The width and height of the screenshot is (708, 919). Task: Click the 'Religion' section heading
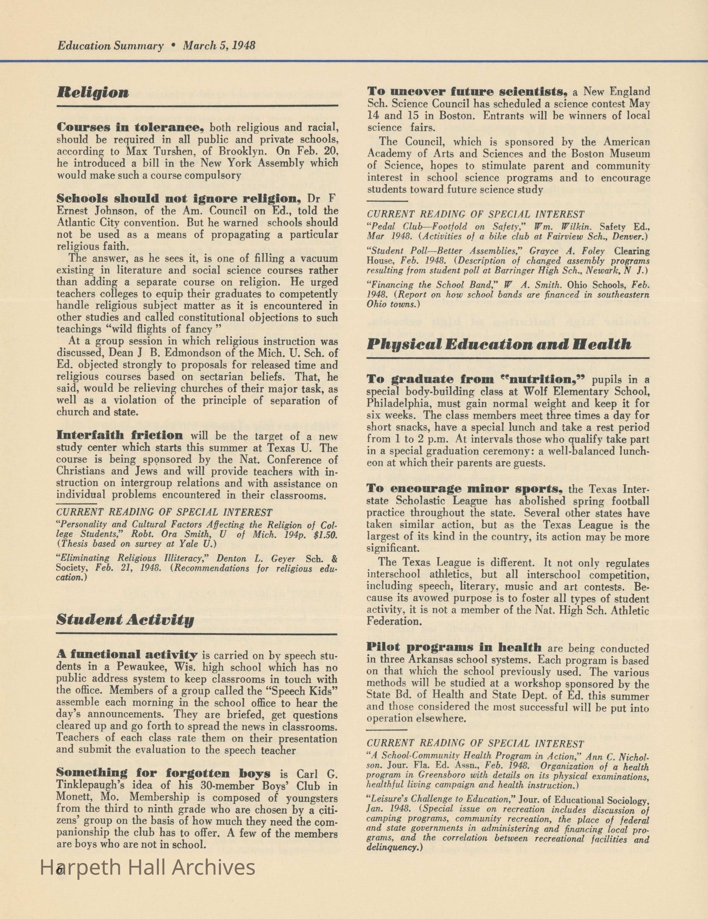tap(93, 93)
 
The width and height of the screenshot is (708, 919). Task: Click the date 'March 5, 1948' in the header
tap(219, 45)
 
